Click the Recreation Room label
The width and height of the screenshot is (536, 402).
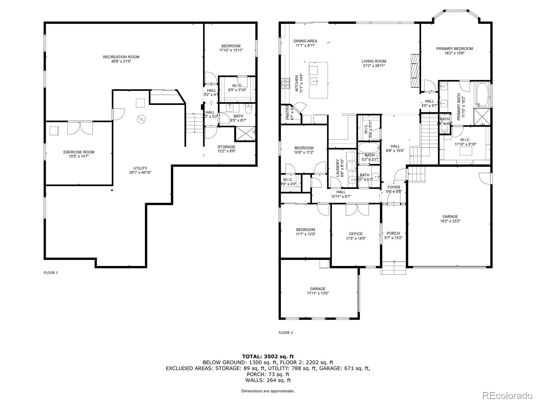point(121,57)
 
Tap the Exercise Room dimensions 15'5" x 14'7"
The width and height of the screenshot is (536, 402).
point(79,156)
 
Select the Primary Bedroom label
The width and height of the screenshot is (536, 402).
point(454,49)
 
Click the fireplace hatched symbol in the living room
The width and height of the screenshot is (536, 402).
point(415,70)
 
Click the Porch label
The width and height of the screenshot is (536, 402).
point(393,233)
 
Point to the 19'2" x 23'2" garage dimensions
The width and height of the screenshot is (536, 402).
point(449,221)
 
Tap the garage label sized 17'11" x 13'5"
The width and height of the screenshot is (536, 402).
point(318,289)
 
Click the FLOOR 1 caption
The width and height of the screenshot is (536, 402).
point(51,273)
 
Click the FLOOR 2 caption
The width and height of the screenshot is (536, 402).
point(286,333)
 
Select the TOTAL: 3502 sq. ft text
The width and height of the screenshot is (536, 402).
point(268,356)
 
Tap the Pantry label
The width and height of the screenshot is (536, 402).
point(287,113)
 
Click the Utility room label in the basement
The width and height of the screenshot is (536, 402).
point(140,168)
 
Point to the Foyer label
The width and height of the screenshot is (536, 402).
point(394,187)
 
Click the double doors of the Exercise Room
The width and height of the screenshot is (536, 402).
point(80,128)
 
